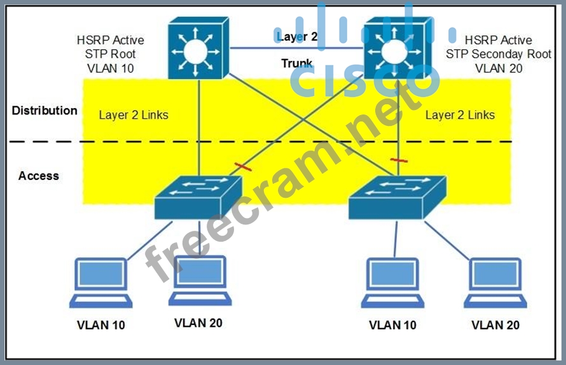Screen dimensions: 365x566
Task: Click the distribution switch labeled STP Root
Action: tap(199, 48)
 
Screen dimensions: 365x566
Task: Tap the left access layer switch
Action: tap(198, 197)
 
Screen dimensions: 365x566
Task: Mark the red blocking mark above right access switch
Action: tap(399, 160)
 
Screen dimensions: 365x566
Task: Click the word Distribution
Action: tap(45, 111)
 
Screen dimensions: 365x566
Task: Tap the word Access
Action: tap(39, 176)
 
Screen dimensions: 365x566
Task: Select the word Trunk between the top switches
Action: tap(297, 64)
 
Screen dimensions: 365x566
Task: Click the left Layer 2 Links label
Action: tap(134, 115)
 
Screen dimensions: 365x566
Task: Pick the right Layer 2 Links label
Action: tap(460, 115)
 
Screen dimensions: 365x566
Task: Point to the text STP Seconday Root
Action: tap(499, 54)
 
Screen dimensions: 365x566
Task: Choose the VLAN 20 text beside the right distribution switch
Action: tap(499, 69)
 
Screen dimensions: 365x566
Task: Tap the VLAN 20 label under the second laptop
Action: tap(198, 323)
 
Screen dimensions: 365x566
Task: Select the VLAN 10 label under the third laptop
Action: tap(393, 325)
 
